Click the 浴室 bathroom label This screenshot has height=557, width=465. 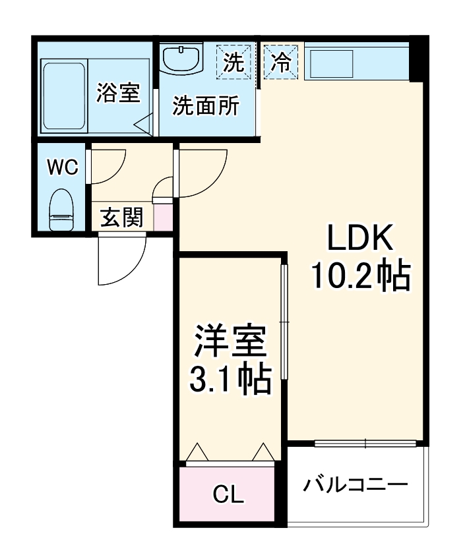coord(118,93)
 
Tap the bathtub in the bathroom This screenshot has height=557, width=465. coord(64,96)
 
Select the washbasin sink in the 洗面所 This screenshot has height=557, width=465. coord(181,57)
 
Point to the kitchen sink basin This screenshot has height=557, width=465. coord(331,65)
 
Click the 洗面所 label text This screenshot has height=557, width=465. coord(206,105)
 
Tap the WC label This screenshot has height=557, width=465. coord(63,167)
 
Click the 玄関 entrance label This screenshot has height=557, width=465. coord(122,218)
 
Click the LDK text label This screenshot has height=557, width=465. coord(361,237)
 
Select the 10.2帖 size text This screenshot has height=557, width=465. coord(361,276)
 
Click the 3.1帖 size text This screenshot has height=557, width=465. coord(230,379)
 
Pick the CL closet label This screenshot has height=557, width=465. coord(228,494)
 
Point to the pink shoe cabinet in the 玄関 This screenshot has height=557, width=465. coord(162,217)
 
